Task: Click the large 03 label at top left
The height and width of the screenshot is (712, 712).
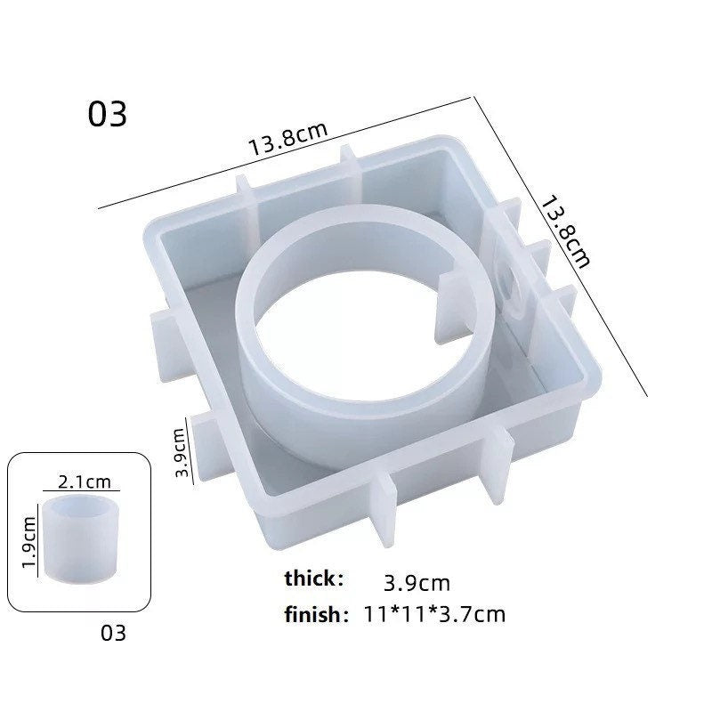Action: pos(108,115)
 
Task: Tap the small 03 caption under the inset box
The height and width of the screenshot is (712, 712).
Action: pos(114,634)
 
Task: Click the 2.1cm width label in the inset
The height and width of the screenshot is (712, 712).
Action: pos(84,481)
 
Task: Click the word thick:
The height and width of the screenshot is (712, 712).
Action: pos(313,578)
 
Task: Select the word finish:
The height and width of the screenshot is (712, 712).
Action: pos(316,613)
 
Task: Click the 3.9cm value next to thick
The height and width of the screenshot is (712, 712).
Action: pos(417,584)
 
